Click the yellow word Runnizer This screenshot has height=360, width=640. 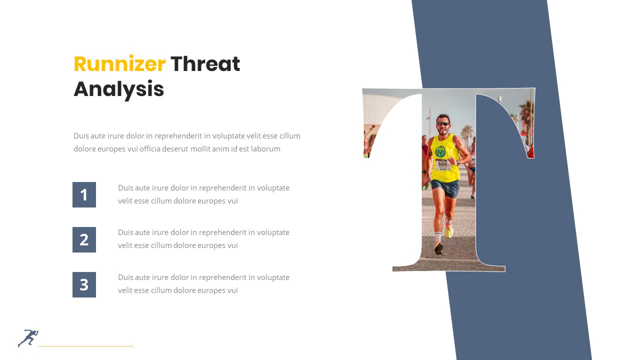(x=119, y=64)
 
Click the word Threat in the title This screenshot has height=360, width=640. (x=205, y=64)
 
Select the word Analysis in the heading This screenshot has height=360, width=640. (x=119, y=89)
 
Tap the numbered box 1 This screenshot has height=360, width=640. (x=84, y=194)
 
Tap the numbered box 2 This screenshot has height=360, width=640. (x=84, y=239)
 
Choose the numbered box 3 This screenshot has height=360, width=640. (x=84, y=284)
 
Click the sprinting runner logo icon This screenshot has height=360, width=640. (x=28, y=338)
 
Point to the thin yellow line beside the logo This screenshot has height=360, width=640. (x=86, y=345)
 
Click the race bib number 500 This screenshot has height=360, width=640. (x=442, y=164)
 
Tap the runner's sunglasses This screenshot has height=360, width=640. (x=442, y=123)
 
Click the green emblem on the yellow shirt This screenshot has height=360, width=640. (x=440, y=151)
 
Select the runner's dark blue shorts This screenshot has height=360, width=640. (x=445, y=188)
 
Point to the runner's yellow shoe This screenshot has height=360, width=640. (x=449, y=231)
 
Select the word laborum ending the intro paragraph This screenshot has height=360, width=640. (x=265, y=148)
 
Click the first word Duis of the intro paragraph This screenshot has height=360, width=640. (x=81, y=136)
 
